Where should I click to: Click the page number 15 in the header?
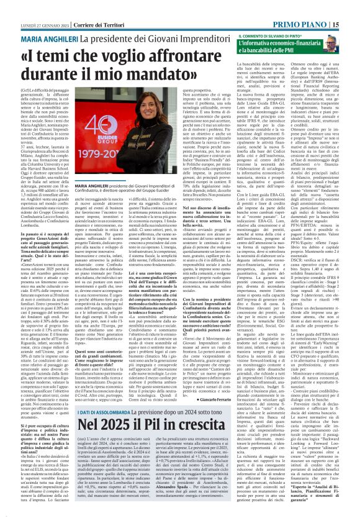tap(353, 7)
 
